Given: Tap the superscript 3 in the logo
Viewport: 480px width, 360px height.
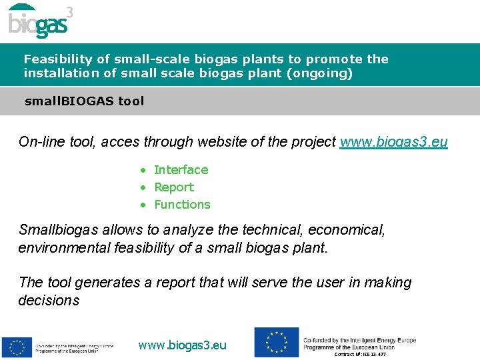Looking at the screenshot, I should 70,12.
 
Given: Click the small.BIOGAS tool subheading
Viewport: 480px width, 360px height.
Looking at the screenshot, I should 84,101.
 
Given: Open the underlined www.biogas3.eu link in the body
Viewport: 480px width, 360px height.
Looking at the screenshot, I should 393,141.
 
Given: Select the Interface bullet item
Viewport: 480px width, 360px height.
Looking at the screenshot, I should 181,170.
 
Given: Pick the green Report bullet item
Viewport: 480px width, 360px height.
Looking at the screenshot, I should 173,187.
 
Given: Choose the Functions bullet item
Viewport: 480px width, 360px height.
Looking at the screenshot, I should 182,205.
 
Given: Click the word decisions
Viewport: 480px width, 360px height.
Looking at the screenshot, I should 49,300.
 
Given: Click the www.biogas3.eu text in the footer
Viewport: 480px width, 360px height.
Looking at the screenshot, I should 182,345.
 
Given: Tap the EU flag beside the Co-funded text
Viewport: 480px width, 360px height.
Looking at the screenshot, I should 276,342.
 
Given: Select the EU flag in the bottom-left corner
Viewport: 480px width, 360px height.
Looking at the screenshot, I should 17,347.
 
